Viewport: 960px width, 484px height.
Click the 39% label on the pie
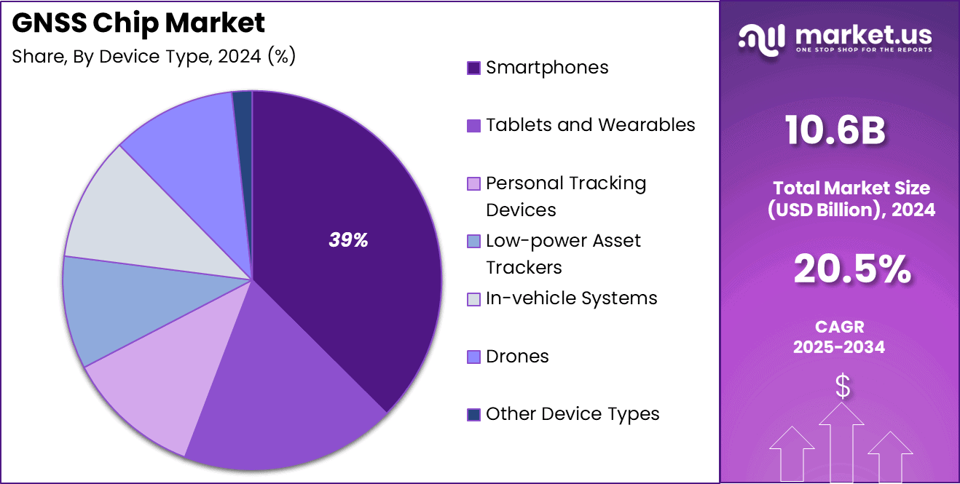pos(348,241)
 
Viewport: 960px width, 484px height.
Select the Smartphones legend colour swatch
pos(473,68)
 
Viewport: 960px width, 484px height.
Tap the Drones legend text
pos(517,357)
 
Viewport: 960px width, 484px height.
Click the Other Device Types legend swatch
pos(473,415)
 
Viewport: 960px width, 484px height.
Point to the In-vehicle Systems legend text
pos(572,298)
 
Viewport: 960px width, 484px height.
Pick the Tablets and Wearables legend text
pos(590,125)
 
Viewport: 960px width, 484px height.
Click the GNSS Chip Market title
pos(138,23)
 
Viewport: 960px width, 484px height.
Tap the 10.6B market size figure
pos(835,132)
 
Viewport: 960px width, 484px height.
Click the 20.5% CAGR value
pos(851,270)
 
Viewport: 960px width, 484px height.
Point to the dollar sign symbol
pos(842,386)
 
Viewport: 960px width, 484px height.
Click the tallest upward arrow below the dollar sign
pos(842,444)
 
